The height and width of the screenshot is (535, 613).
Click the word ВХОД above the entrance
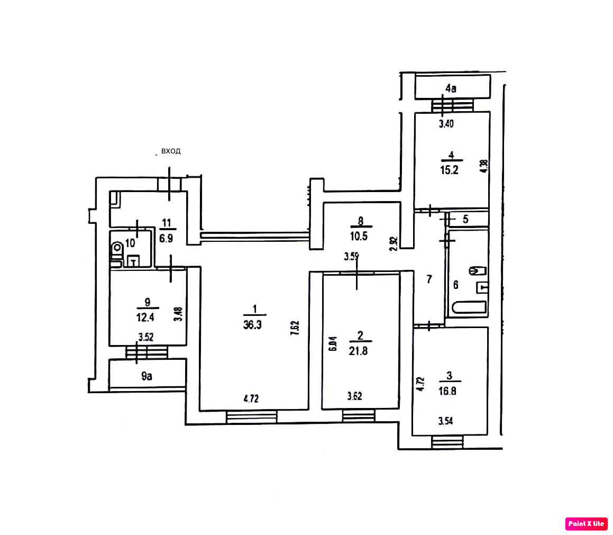point(171,151)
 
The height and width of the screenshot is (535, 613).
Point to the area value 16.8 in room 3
point(449,392)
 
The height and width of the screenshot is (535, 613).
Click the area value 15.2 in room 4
point(451,171)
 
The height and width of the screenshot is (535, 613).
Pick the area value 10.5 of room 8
point(361,235)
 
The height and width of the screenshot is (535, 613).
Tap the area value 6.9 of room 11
point(166,239)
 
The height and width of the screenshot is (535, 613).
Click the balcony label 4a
point(450,88)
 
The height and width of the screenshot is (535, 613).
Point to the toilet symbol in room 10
point(117,247)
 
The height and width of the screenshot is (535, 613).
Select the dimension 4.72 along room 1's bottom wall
point(251,399)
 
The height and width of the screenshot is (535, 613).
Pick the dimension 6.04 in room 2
point(333,344)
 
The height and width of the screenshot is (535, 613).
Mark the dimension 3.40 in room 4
point(447,125)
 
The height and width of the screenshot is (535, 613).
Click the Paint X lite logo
point(586,523)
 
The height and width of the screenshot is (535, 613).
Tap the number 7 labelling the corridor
point(429,279)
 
